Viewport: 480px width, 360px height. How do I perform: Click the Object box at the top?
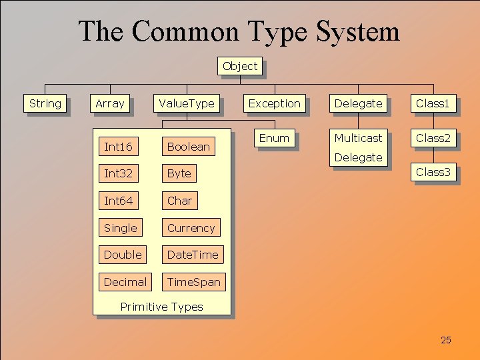tap(240, 66)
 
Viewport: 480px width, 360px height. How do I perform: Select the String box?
tap(45, 103)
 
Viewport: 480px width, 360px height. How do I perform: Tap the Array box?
tap(110, 103)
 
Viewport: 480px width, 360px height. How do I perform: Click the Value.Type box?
tap(187, 103)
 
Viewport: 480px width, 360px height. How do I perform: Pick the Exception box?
tap(275, 103)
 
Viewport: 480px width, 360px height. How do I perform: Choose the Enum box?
tap(274, 138)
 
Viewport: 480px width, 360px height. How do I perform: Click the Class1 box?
tap(433, 103)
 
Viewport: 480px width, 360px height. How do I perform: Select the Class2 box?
tap(433, 138)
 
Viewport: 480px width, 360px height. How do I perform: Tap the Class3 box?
tap(433, 172)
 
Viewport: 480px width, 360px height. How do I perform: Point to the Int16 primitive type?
tap(119, 147)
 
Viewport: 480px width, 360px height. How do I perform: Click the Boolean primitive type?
tap(189, 147)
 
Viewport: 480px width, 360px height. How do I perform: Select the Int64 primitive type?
tap(119, 201)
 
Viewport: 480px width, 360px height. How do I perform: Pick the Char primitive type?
tap(179, 201)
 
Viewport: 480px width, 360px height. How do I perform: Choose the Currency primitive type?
tap(191, 228)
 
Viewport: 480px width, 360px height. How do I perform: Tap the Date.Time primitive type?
tap(193, 255)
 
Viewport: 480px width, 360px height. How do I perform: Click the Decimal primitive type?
tap(125, 282)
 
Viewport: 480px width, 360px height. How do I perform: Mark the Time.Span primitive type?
tap(193, 282)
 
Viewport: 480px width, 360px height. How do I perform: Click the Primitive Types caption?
tap(161, 307)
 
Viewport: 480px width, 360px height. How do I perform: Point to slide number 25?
tap(446, 341)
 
